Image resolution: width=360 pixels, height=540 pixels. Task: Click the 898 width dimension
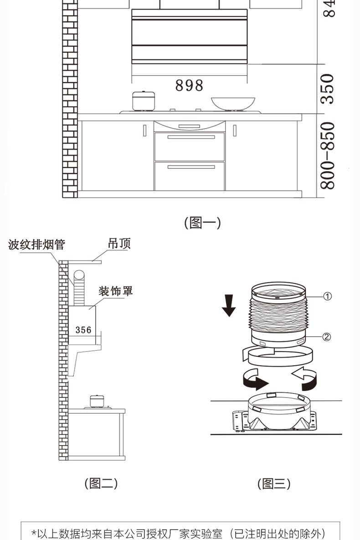point(189,85)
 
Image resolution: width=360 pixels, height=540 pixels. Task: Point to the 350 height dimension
point(328,89)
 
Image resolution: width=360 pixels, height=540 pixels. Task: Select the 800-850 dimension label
point(328,156)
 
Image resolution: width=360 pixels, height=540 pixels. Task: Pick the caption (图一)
point(202,223)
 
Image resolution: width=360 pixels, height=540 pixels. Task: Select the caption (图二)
point(102,483)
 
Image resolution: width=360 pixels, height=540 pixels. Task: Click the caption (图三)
point(273,483)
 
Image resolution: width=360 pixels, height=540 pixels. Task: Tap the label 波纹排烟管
point(37,245)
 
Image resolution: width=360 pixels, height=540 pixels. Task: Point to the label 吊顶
point(119,244)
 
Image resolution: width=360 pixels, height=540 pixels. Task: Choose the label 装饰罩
point(116,291)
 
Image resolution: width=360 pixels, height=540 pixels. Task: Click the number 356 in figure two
point(83,330)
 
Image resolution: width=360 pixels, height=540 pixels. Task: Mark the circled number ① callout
point(327,296)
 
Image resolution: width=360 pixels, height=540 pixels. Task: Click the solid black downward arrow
point(229,306)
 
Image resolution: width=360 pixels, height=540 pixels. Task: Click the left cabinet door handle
point(144,130)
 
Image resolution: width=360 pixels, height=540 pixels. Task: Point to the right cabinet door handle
point(235,130)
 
